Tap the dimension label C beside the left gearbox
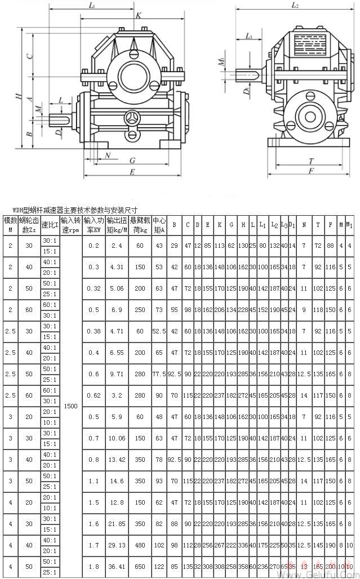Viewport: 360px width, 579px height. click(x=32, y=56)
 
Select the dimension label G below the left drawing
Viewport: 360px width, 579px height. click(x=131, y=161)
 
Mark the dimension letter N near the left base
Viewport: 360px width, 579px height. click(x=107, y=155)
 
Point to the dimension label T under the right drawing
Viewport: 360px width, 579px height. click(x=310, y=161)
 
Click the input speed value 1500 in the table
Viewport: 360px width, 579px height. click(x=71, y=406)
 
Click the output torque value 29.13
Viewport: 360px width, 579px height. click(x=115, y=545)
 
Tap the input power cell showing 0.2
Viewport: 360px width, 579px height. click(x=94, y=246)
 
